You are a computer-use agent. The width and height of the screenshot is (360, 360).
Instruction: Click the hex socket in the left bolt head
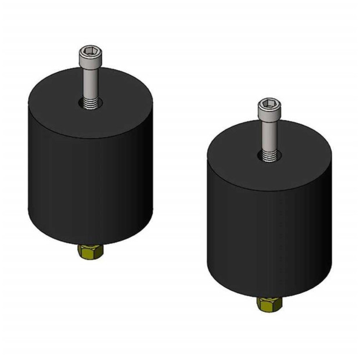point(90,52)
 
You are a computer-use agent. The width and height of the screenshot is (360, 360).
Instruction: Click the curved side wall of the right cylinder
point(267,238)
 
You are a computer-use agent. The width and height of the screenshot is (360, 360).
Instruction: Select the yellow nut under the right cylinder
point(269,304)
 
